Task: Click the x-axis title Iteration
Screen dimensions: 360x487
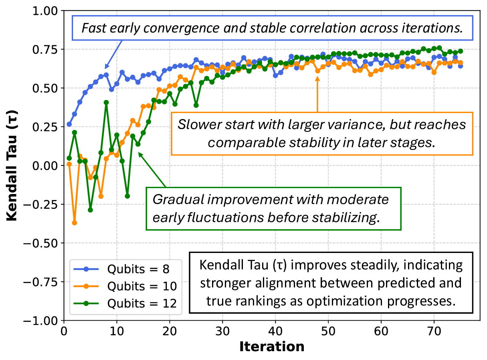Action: coord(272,346)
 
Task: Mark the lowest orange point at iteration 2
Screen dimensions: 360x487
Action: coord(75,222)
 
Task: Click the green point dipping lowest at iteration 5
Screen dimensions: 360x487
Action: coord(90,210)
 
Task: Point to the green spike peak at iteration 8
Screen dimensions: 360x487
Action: coord(106,102)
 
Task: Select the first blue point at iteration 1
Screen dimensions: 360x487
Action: coord(69,124)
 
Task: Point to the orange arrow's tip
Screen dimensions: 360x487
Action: coord(317,77)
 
